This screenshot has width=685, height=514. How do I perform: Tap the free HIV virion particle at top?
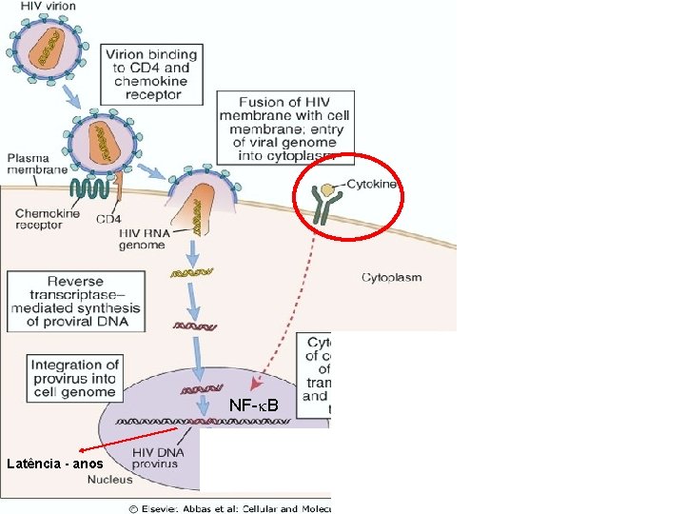[x=50, y=50]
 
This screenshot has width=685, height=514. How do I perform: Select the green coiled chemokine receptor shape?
[x=89, y=188]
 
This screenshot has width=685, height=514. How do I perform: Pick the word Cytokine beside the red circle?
[x=373, y=184]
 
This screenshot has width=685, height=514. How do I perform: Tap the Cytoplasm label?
[x=391, y=278]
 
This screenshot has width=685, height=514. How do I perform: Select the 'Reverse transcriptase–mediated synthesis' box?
[x=75, y=302]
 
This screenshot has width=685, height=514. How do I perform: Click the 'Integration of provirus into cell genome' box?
[x=75, y=378]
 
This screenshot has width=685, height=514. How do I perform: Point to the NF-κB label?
[x=255, y=407]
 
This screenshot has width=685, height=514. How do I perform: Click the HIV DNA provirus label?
[x=155, y=457]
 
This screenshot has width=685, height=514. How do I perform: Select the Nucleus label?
[x=110, y=480]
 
